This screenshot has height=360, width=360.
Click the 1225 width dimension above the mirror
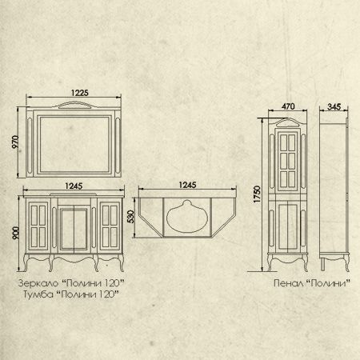[x=79, y=93]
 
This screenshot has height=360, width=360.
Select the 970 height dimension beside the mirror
[x=15, y=142]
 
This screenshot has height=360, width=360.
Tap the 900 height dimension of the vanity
[x=16, y=233]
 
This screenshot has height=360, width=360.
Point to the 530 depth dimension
[x=130, y=217]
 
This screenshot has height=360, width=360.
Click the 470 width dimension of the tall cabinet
[x=288, y=106]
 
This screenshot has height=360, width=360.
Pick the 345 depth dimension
[x=334, y=106]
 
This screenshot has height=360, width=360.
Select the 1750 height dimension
[x=257, y=194]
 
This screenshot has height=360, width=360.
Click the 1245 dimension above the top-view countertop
[x=187, y=185]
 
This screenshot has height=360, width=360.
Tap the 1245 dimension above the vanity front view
[x=74, y=186]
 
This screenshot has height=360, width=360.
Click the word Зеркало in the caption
[x=38, y=283]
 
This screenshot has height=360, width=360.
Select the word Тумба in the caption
[x=38, y=294]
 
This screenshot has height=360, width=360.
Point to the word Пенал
[x=288, y=283]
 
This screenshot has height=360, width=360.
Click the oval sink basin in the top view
[x=187, y=217]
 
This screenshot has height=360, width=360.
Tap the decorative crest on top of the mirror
[x=75, y=105]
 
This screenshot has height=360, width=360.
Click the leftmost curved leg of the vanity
[x=26, y=262]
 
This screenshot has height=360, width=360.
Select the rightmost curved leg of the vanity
[x=122, y=262]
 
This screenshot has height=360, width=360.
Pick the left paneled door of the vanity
[x=38, y=226]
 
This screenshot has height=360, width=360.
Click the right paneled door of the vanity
[x=110, y=226]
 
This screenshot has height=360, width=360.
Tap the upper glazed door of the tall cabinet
[x=287, y=161]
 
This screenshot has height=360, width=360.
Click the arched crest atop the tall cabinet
[x=287, y=122]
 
